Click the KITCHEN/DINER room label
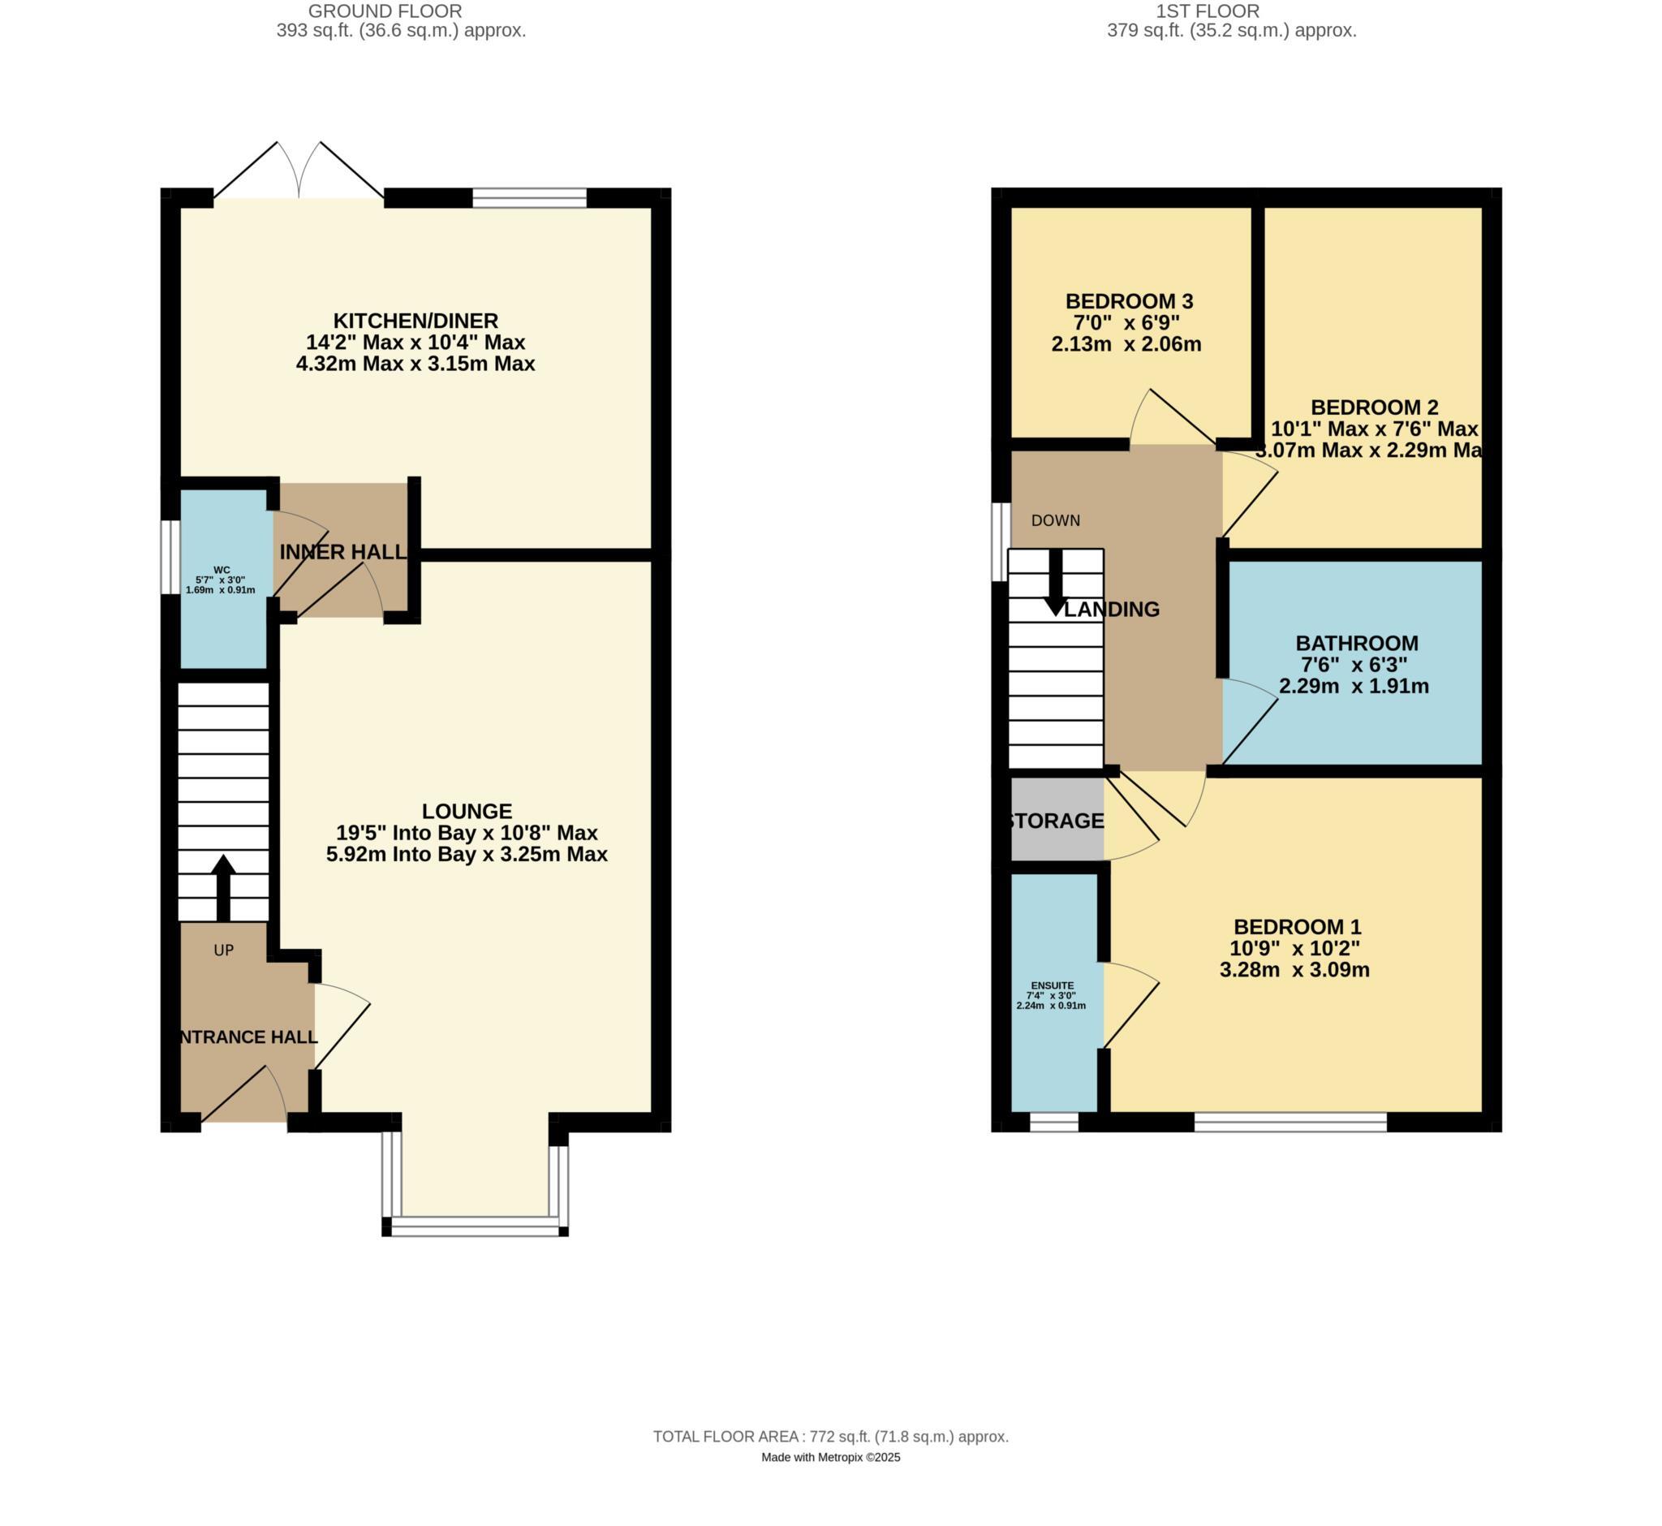coord(415,321)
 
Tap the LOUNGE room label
coord(467,811)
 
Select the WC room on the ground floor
coord(222,579)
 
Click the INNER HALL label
coord(342,553)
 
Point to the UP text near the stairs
coord(224,951)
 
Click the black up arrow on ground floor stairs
coord(223,887)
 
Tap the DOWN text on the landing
coord(1055,520)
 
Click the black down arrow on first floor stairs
coord(1055,583)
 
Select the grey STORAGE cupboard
coord(1057,821)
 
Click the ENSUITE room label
coord(1052,985)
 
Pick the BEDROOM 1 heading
coord(1296,926)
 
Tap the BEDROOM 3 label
coord(1129,301)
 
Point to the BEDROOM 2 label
coord(1374,407)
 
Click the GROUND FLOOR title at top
coord(385,11)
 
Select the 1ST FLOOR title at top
coord(1207,11)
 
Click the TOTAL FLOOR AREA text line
coord(829,1437)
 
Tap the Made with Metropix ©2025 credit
coord(829,1458)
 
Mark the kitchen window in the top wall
coord(528,197)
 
